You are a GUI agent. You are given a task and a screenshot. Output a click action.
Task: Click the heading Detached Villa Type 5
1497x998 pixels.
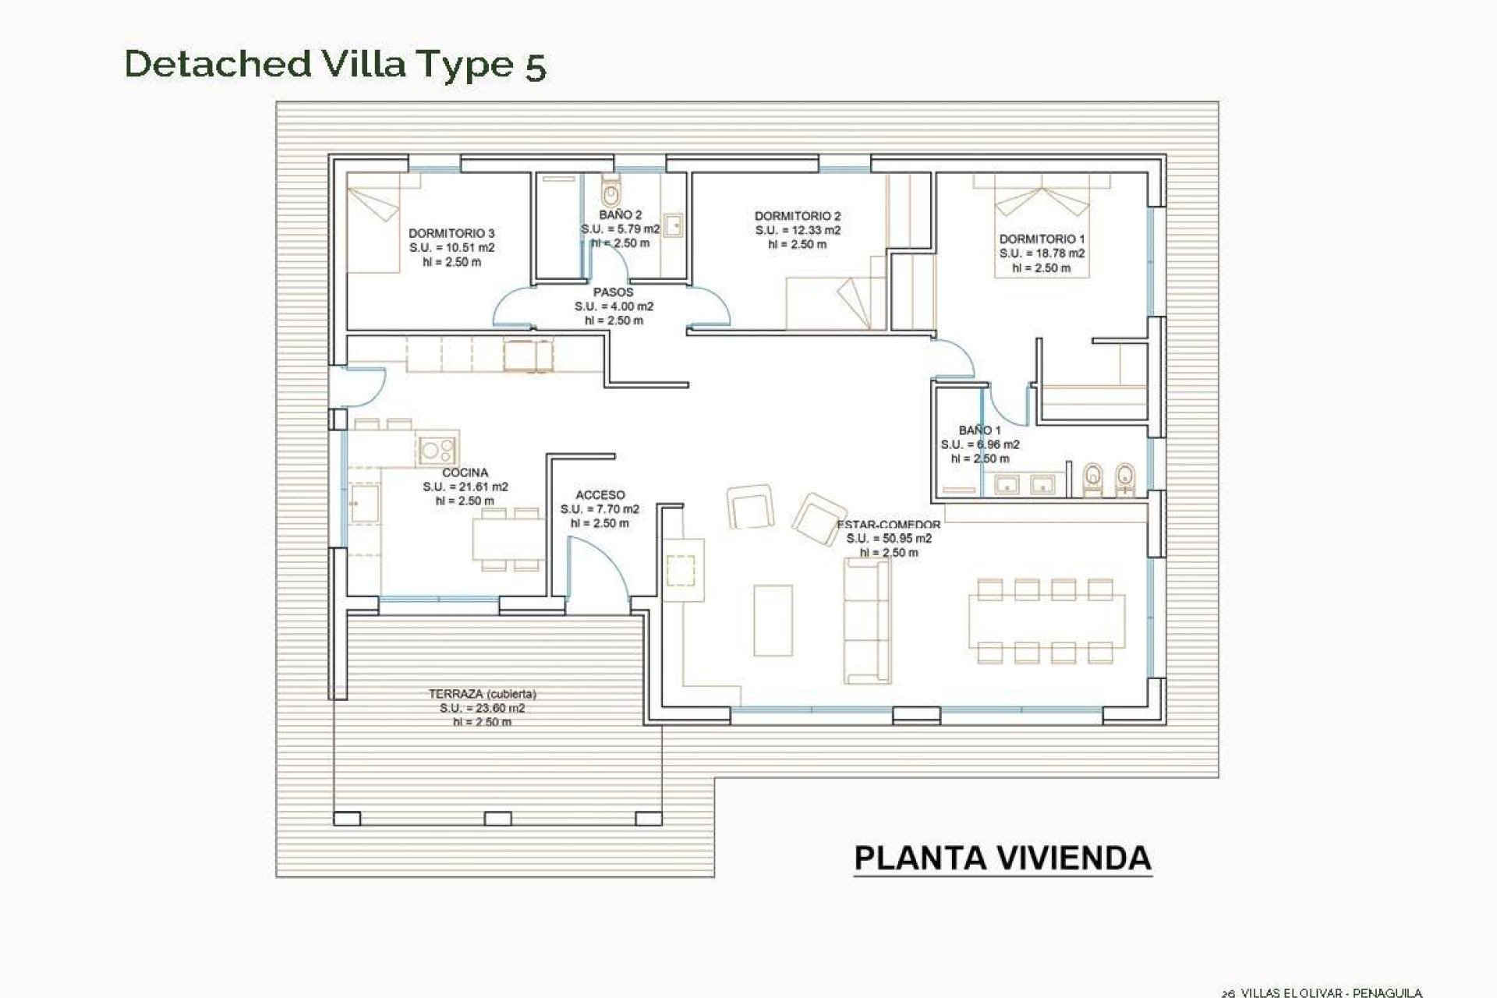click(x=335, y=64)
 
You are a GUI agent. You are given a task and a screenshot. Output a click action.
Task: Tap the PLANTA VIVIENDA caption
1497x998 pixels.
click(x=1003, y=858)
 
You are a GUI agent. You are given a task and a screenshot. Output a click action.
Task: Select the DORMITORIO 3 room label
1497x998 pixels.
click(x=451, y=233)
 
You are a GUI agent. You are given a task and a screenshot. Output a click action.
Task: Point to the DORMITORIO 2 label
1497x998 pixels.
click(x=797, y=216)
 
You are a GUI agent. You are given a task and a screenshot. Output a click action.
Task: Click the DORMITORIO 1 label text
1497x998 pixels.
click(x=1042, y=239)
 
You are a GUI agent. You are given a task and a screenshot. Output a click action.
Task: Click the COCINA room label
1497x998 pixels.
click(x=465, y=472)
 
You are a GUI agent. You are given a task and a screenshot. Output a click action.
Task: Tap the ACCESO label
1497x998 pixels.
click(x=600, y=495)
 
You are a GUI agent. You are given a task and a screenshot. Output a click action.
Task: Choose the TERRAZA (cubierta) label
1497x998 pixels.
click(x=482, y=694)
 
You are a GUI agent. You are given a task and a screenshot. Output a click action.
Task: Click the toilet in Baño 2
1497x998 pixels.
click(x=610, y=189)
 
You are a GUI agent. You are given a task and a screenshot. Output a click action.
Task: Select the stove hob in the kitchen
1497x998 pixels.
click(x=437, y=450)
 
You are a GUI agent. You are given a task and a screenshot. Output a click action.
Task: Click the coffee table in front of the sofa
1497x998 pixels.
click(x=773, y=621)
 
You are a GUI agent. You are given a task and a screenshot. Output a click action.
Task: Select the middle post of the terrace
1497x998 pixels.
click(x=497, y=818)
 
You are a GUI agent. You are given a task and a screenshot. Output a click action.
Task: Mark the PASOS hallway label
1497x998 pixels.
click(x=613, y=292)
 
